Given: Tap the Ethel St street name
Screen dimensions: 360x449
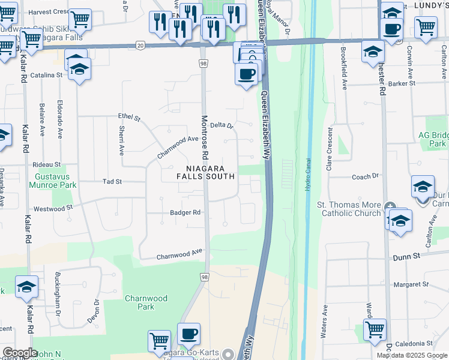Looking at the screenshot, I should [128, 118].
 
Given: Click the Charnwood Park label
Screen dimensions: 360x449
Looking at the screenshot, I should [140, 302].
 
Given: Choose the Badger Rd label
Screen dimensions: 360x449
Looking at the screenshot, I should [185, 212].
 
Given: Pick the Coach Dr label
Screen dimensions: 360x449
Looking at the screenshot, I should [366, 176].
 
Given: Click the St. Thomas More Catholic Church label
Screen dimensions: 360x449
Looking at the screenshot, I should [349, 209].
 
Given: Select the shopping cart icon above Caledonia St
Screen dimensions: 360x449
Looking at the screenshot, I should [375, 329].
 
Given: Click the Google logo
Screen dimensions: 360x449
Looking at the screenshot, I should [20, 353].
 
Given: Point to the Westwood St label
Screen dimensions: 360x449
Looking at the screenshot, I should [53, 208].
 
